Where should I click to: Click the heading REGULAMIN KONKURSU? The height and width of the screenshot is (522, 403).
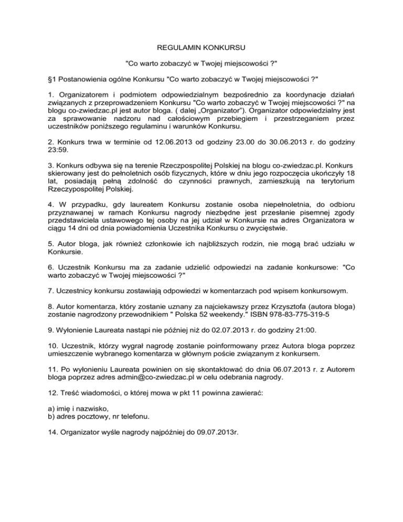[201, 48]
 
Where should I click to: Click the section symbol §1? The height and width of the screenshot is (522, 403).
[52, 79]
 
